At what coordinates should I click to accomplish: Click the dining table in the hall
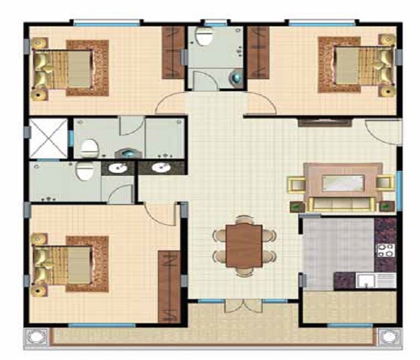[244, 245]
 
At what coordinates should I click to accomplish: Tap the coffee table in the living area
[343, 182]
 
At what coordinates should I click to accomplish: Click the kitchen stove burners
[384, 250]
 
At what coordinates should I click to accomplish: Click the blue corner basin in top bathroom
[238, 76]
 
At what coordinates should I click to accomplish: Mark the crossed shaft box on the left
[49, 138]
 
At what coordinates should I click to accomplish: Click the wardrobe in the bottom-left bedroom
[169, 286]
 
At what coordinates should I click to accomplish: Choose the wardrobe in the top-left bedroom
[173, 53]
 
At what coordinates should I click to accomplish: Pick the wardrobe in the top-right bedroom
[259, 53]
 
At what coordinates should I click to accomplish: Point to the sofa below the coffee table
[342, 204]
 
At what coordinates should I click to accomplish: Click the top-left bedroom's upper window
[107, 23]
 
